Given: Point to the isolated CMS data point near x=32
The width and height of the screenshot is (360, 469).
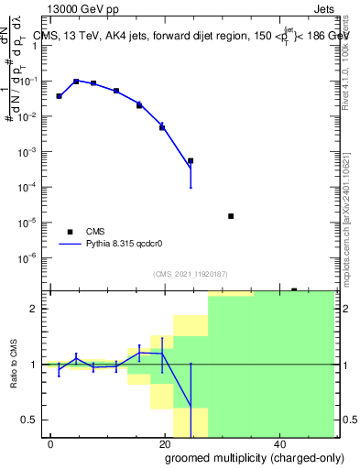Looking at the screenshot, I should click(x=231, y=216).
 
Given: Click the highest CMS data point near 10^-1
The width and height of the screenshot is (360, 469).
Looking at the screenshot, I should click(x=77, y=82).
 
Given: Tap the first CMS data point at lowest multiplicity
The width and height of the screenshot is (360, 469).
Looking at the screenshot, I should click(x=59, y=96).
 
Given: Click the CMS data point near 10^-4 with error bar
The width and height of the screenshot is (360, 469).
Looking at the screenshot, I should click(x=191, y=161).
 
